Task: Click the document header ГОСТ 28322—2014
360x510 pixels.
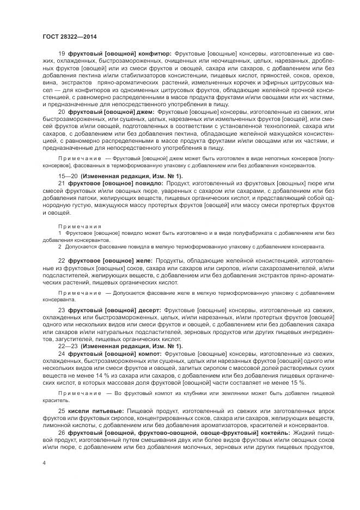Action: click(x=66, y=36)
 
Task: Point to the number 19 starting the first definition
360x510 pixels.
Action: click(x=61, y=53)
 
